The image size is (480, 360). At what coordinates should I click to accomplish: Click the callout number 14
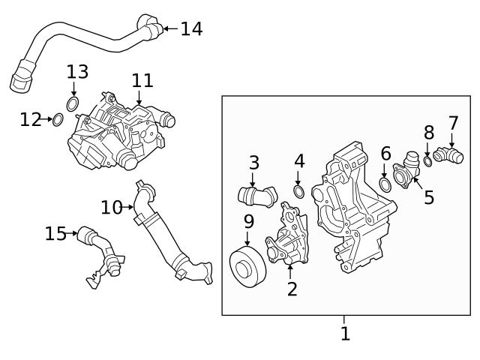[x=191, y=29]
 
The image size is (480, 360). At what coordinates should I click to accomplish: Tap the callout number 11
[x=142, y=80]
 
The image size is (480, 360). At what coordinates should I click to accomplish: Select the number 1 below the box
[x=345, y=333]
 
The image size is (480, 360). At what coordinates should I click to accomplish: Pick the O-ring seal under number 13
[x=73, y=103]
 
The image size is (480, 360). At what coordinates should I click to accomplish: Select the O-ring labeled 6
[x=385, y=184]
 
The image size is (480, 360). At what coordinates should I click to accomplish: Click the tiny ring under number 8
[x=427, y=161]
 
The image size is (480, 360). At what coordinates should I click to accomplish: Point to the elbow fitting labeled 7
[x=449, y=157]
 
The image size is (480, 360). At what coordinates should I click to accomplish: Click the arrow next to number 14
[x=169, y=29]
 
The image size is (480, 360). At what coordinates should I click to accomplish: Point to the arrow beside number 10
[x=129, y=206]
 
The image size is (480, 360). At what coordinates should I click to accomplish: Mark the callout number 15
[x=55, y=234]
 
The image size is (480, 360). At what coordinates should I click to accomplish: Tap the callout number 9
[x=248, y=223]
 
